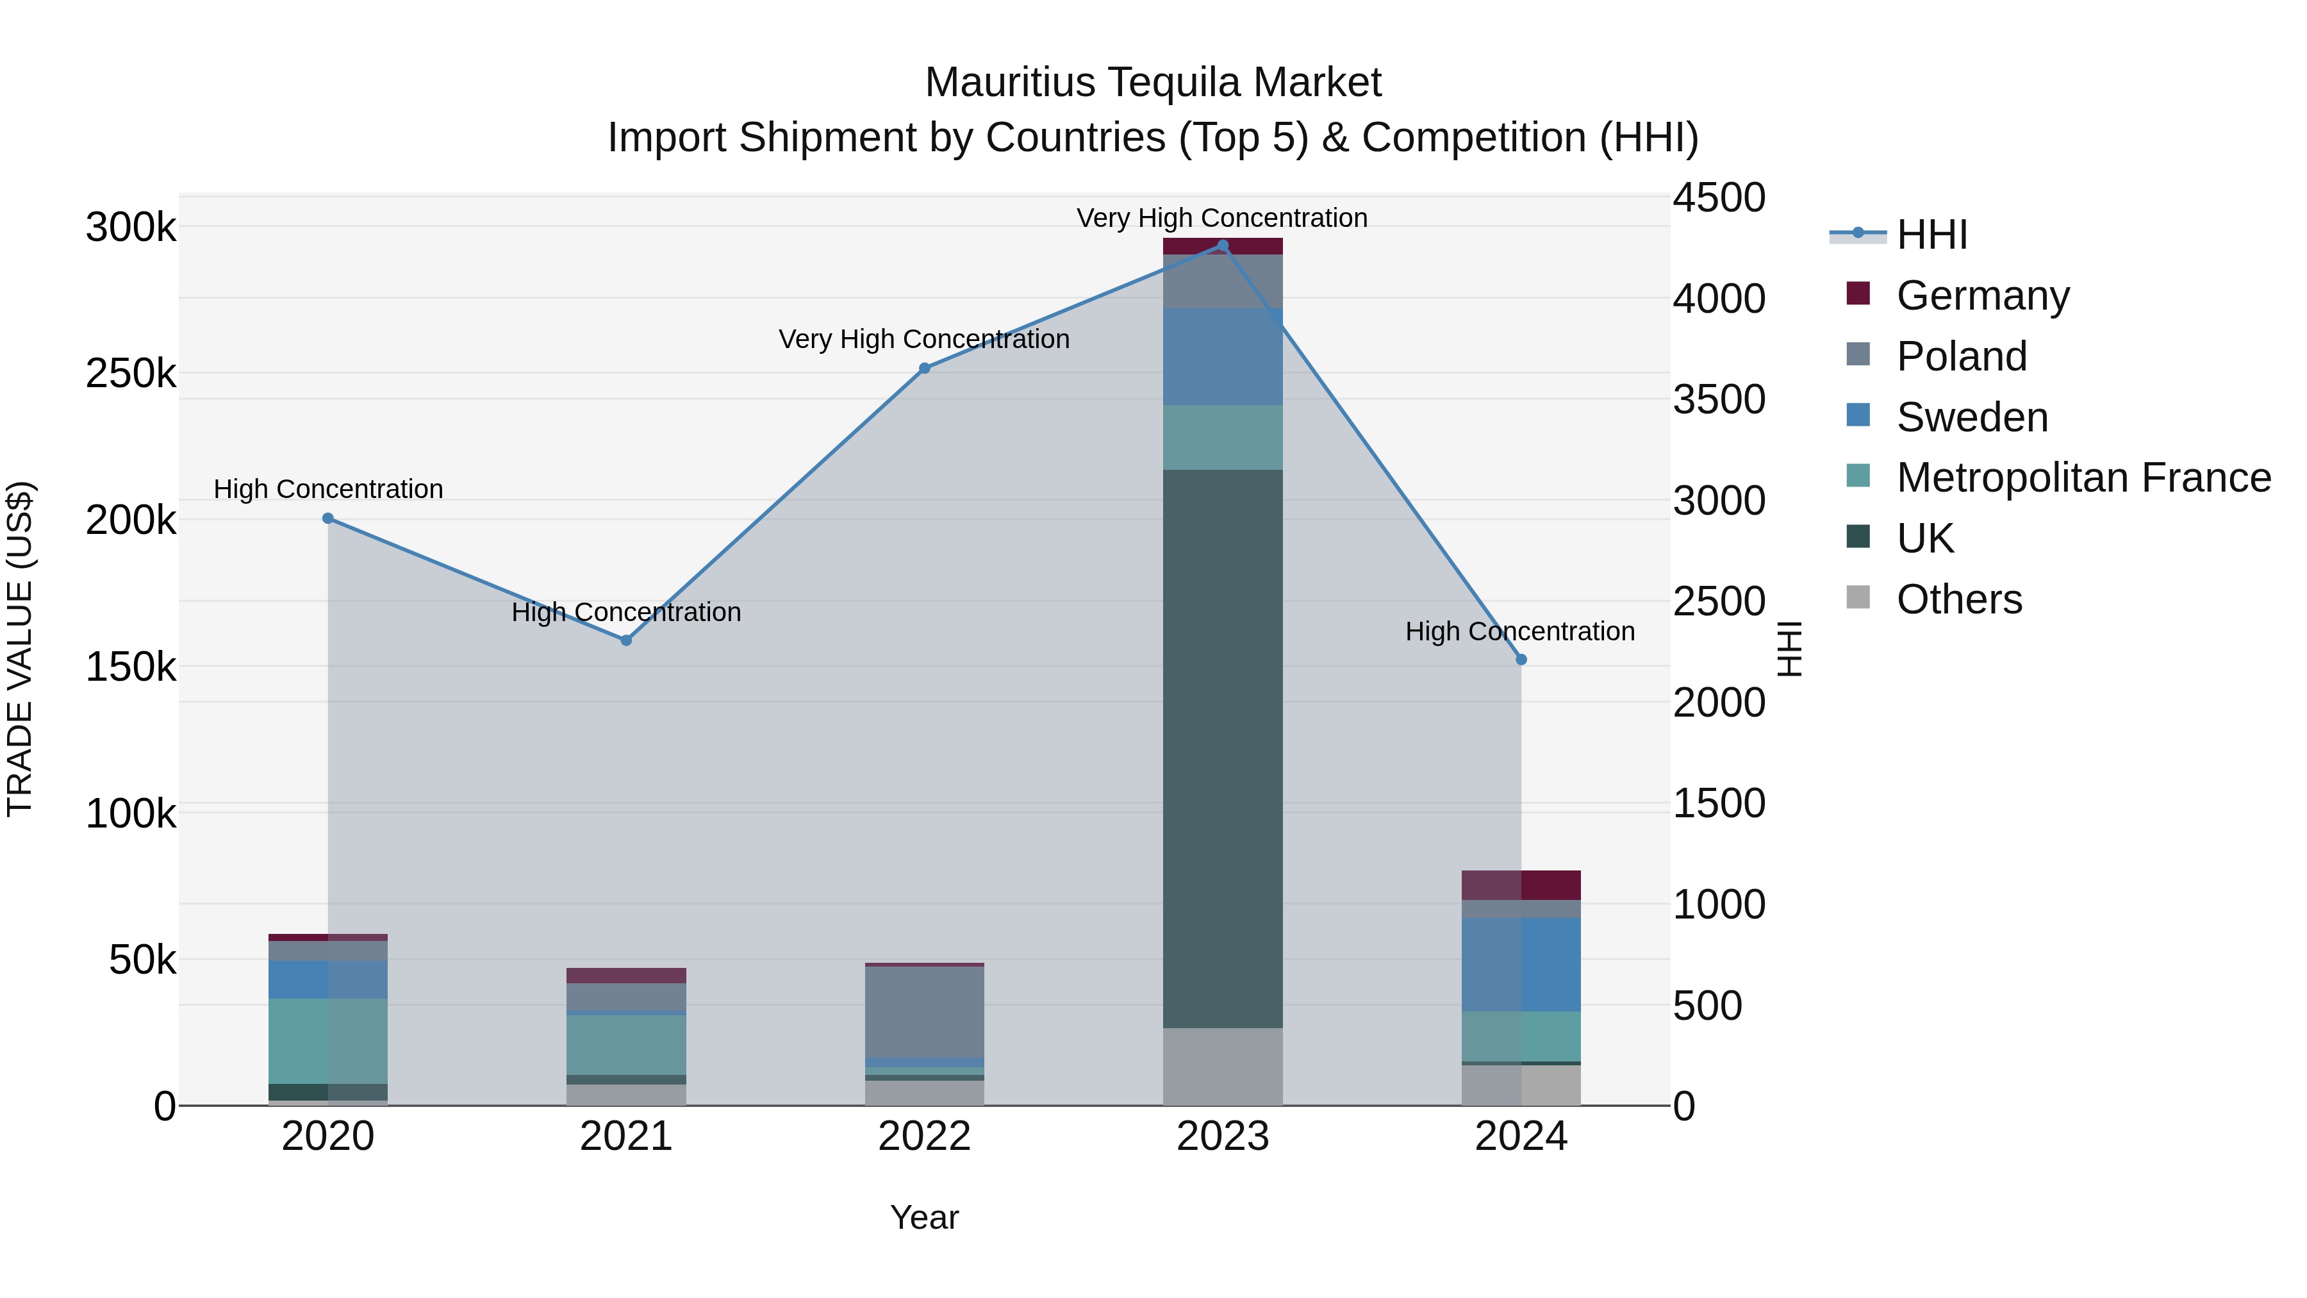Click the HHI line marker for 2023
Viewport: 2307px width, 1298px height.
(1223, 245)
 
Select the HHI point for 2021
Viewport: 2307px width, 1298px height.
(626, 640)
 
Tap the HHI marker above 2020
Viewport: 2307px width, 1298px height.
(327, 519)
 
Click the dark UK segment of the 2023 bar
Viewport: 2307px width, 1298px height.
(1223, 748)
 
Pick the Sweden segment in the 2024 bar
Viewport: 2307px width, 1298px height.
(1521, 965)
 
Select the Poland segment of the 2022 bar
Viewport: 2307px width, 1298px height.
(924, 1012)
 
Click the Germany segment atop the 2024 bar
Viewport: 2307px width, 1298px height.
(1521, 885)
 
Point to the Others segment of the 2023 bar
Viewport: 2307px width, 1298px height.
(1223, 1066)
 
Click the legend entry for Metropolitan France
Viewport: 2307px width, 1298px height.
(2083, 478)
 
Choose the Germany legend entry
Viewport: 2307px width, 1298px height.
(1983, 295)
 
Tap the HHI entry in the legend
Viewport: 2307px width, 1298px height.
(1931, 235)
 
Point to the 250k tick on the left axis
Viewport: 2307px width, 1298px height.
(131, 374)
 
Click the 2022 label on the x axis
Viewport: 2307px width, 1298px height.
(924, 1136)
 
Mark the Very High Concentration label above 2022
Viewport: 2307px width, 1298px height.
(924, 340)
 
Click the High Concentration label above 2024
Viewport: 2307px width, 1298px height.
(1520, 631)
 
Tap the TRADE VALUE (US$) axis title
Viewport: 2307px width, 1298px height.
(20, 649)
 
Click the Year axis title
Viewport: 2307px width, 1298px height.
(924, 1217)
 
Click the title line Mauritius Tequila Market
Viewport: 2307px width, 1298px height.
(1153, 83)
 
